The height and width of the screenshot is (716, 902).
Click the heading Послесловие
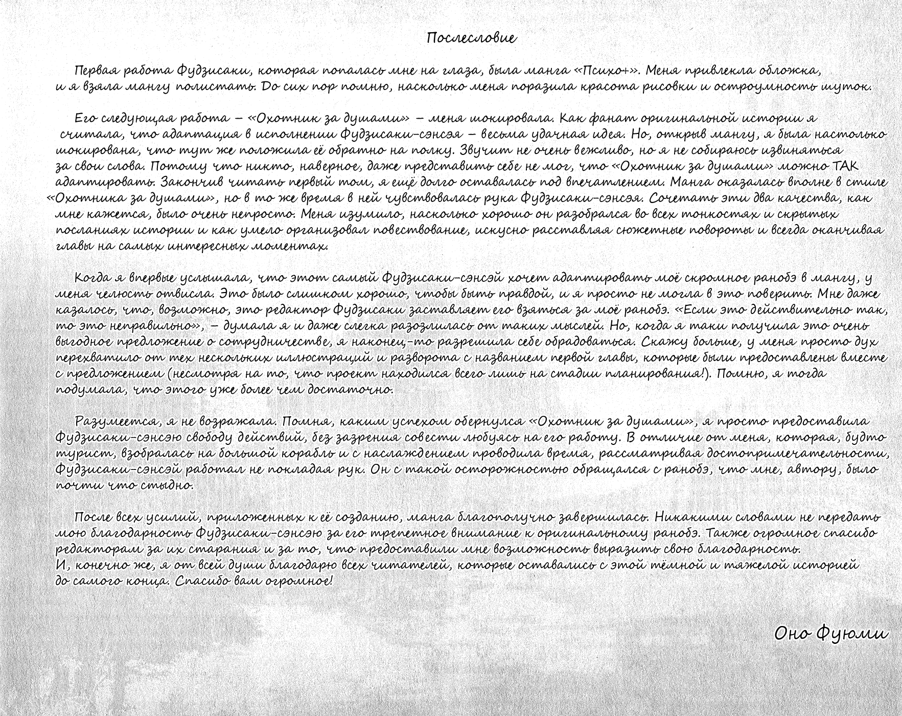471,38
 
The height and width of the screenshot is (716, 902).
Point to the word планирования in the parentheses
657,374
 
